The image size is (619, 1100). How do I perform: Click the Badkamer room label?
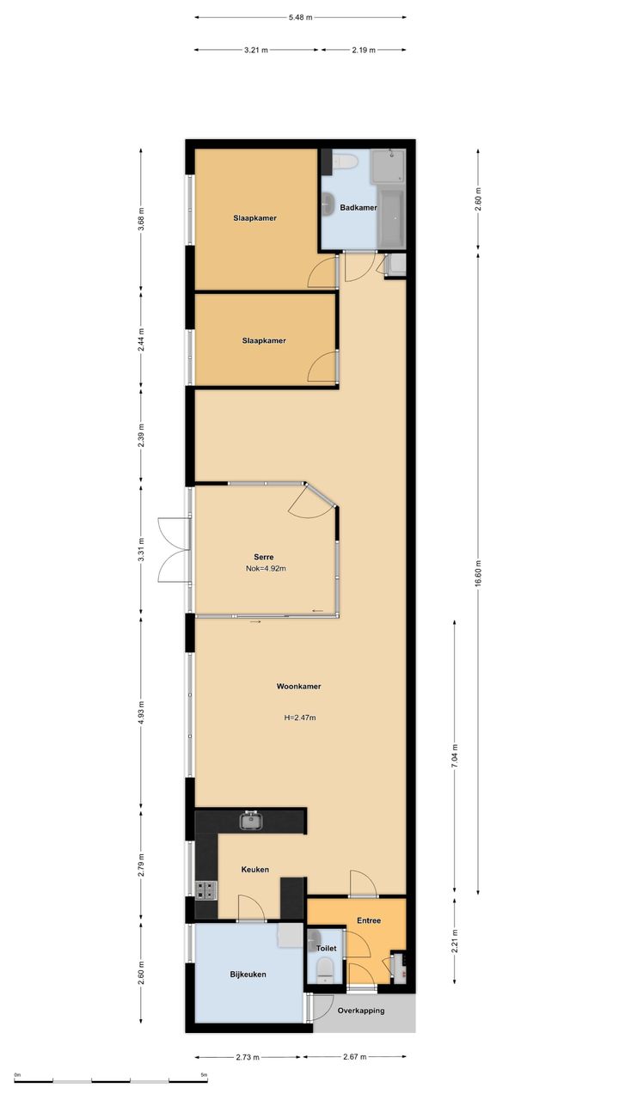click(x=359, y=208)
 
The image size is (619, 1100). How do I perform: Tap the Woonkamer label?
click(x=298, y=687)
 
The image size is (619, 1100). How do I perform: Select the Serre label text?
click(x=264, y=557)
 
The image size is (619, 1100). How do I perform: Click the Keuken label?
click(x=255, y=870)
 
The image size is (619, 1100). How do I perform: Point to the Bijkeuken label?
click(x=248, y=975)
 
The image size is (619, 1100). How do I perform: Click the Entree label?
click(x=369, y=920)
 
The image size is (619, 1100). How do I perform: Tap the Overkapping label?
click(x=361, y=1011)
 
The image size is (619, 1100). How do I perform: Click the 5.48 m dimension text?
click(x=300, y=18)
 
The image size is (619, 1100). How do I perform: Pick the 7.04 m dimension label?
click(x=455, y=755)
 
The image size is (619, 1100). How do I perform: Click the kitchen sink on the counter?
click(x=252, y=820)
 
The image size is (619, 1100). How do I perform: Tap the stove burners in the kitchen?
click(x=205, y=890)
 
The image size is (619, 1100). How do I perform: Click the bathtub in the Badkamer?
click(x=391, y=218)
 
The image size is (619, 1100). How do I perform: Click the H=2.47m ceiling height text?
click(x=300, y=718)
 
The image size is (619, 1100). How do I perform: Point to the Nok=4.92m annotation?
click(x=266, y=569)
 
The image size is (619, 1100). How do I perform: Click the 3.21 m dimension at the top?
click(x=256, y=50)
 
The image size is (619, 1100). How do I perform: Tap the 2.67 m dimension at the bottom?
click(x=355, y=1057)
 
